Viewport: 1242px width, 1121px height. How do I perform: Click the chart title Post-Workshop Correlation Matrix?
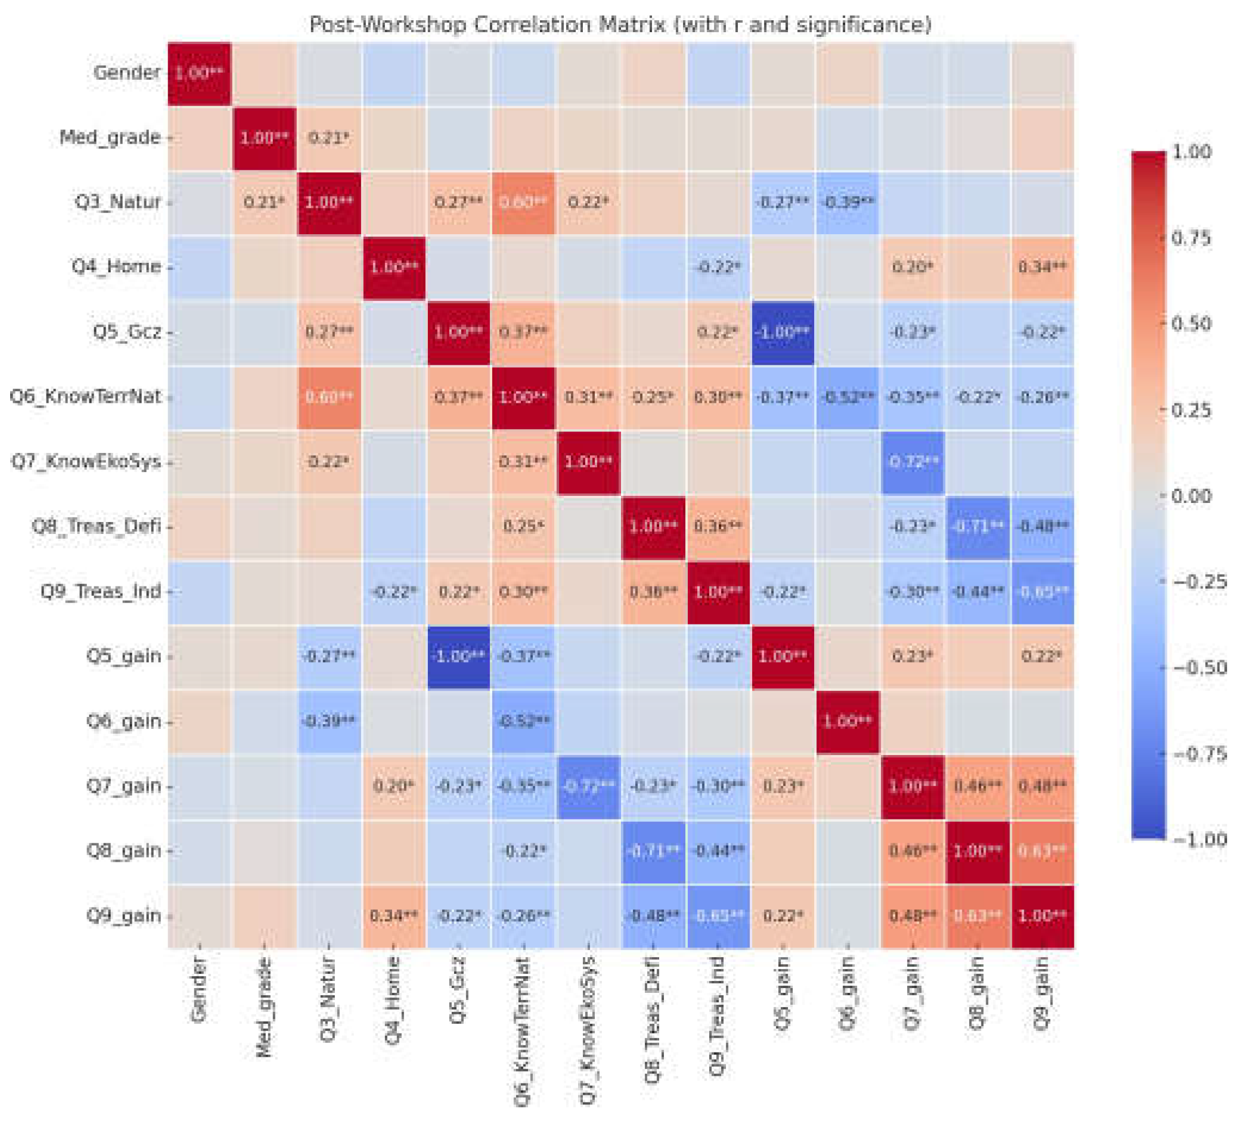(620, 24)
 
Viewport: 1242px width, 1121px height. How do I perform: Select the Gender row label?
(127, 73)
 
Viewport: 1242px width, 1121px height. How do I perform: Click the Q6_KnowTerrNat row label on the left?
(86, 397)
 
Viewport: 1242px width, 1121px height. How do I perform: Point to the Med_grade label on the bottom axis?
(263, 1007)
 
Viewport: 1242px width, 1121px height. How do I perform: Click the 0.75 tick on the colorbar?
(1190, 238)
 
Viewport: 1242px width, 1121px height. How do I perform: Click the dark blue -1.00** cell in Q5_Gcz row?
(783, 333)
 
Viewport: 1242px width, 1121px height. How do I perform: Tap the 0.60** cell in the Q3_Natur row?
(523, 203)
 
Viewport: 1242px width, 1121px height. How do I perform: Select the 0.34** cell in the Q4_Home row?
(1042, 268)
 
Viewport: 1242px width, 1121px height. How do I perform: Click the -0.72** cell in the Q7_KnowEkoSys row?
(912, 462)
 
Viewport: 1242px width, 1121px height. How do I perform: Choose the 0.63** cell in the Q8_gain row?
(1042, 851)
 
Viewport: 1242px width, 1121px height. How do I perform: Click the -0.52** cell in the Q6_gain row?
(523, 721)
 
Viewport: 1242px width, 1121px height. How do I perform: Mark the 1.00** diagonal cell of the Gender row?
(199, 73)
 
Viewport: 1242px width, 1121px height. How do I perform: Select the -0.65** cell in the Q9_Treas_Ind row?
(1042, 592)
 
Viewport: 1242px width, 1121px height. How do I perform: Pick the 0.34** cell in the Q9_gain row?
(394, 916)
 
